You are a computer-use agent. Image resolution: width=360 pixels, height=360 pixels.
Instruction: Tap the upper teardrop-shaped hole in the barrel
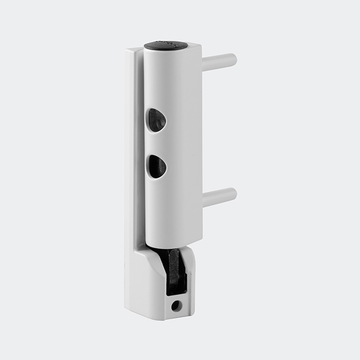[156, 119]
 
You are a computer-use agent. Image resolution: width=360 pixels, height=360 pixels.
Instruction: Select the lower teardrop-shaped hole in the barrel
[156, 166]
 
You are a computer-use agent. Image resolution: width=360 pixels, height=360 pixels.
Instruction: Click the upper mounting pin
[219, 61]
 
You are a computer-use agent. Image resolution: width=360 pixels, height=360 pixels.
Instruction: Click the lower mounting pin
[219, 196]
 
